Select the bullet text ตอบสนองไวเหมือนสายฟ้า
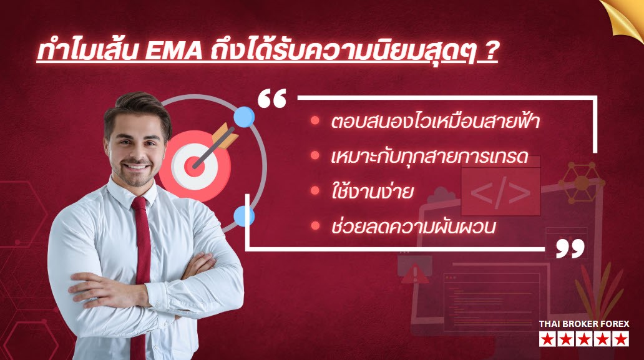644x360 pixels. [435, 122]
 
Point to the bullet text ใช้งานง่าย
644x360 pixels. [373, 192]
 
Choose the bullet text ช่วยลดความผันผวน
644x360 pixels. [413, 226]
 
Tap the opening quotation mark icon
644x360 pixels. [272, 99]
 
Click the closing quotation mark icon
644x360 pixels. [570, 248]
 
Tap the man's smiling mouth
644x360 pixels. [140, 167]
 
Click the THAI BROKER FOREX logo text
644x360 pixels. [584, 324]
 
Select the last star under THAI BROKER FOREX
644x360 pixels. [621, 339]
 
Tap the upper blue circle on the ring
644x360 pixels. [244, 116]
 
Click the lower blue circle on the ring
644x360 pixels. [243, 216]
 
